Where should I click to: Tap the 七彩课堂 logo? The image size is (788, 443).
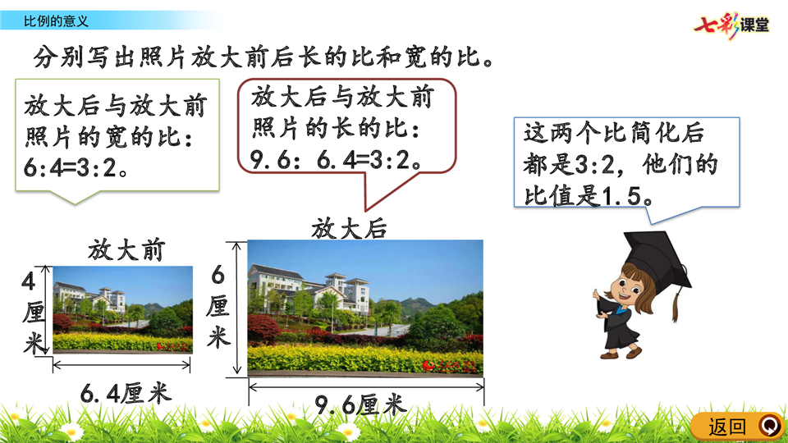pos(731,25)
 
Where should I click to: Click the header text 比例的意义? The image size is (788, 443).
pos(57,21)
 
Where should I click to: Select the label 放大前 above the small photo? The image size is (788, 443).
pos(126,249)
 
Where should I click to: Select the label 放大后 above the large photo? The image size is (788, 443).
pos(350,229)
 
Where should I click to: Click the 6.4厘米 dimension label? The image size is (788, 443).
pos(126,393)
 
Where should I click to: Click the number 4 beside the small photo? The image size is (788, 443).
pos(29,281)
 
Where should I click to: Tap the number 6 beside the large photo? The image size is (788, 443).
pos(218,275)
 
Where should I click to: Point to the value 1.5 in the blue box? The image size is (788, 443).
pos(621,196)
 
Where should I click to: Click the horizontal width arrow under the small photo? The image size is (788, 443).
pos(121,365)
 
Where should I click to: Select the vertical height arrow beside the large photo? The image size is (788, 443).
pos(236,308)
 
